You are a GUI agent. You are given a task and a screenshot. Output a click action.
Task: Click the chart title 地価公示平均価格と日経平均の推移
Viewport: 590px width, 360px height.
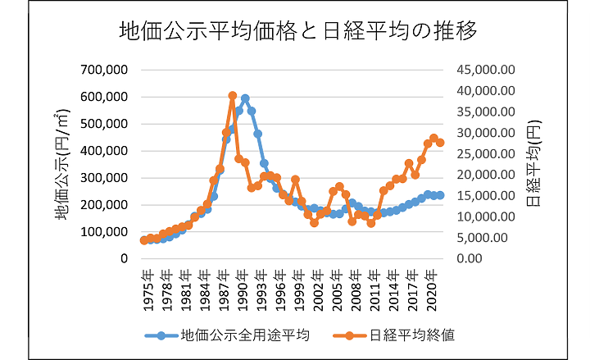pos(298,31)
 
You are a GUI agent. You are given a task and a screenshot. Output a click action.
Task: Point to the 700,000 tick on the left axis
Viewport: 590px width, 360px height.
pos(104,70)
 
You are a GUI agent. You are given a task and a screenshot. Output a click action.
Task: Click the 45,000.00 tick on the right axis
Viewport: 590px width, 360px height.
pos(486,70)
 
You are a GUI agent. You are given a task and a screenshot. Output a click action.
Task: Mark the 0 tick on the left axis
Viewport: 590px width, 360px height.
pos(124,258)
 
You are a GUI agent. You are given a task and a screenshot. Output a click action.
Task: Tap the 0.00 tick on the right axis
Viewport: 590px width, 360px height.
pos(470,258)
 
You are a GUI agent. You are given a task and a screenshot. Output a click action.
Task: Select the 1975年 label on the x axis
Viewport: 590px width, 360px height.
pos(148,290)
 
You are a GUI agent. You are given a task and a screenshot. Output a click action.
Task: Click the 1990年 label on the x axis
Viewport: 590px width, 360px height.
pos(243,290)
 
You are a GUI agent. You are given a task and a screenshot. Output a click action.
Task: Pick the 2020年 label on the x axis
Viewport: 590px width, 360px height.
pos(432,290)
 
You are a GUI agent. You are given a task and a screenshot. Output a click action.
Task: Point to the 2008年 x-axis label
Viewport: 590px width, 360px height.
pos(356,290)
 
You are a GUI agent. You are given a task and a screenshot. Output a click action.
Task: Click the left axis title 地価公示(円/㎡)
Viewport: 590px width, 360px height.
pos(61,165)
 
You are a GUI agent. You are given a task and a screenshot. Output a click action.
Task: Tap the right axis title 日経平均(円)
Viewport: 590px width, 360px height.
pos(533,163)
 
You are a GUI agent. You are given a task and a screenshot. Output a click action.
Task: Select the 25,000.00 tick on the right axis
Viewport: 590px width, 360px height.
pos(486,153)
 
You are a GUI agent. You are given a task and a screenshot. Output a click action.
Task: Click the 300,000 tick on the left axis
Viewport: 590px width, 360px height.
pos(104,178)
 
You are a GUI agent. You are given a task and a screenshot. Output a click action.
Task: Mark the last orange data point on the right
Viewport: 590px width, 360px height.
pos(440,143)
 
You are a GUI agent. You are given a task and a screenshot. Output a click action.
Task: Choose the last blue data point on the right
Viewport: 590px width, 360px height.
pos(440,195)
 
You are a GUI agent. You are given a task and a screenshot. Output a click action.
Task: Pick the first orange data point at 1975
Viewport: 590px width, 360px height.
pos(143,240)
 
